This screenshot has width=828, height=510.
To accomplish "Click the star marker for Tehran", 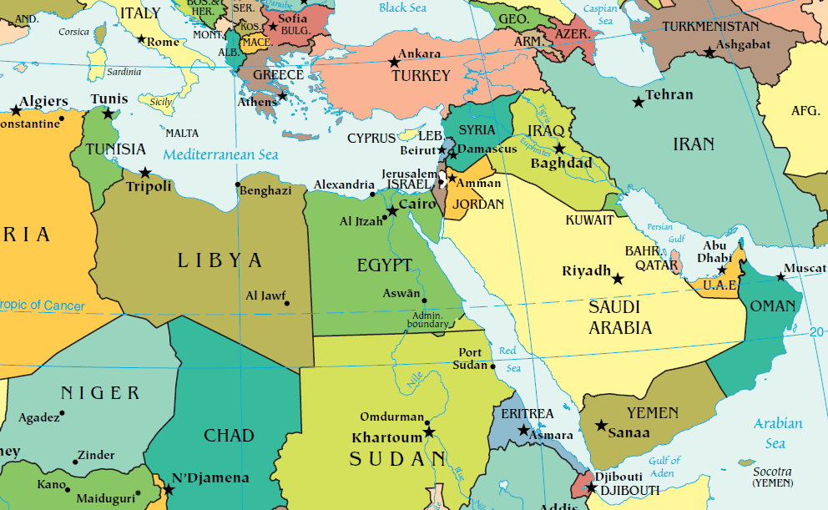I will click(x=638, y=102).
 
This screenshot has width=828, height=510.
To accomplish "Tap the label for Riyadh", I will click(x=585, y=271).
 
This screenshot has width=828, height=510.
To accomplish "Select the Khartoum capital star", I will click(x=429, y=432).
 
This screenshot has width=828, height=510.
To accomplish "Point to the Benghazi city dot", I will click(x=238, y=184).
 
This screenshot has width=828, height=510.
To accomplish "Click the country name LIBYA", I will click(x=220, y=260).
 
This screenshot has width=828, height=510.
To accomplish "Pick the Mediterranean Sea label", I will click(x=220, y=154).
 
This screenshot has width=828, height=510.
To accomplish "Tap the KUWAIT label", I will click(x=589, y=220).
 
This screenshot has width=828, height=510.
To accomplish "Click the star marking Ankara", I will click(x=394, y=62).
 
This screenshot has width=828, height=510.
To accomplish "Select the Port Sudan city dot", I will click(x=492, y=366).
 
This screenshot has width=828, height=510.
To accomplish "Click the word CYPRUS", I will click(x=371, y=138).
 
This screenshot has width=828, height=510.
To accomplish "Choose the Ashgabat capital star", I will click(x=709, y=52).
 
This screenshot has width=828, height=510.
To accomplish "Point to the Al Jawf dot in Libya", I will click(x=287, y=303).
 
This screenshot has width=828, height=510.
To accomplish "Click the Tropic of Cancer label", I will click(x=42, y=306).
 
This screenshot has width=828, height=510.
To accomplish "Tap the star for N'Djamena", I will click(x=168, y=488).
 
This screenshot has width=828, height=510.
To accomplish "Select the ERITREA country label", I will click(x=527, y=414).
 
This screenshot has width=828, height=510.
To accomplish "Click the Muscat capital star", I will click(x=780, y=276).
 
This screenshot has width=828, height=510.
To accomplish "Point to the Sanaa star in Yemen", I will click(x=600, y=426).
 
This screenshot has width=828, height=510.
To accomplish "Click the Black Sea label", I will click(x=404, y=8).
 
